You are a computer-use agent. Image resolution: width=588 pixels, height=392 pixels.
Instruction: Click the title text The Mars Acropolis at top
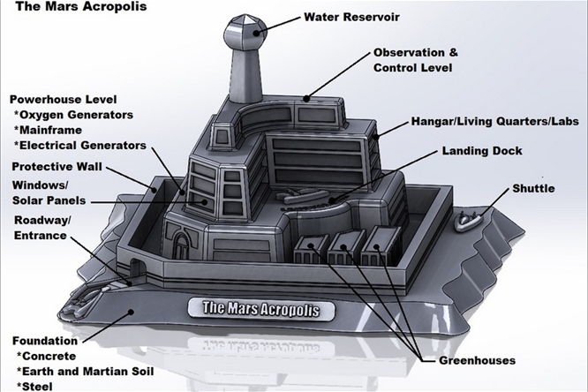pyautogui.click(x=81, y=6)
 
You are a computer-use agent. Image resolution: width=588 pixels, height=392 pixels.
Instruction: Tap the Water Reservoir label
pyautogui.click(x=351, y=17)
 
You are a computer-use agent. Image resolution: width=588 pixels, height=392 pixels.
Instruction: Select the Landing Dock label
pyautogui.click(x=482, y=151)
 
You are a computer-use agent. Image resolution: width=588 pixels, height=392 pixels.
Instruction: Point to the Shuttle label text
pyautogui.click(x=533, y=188)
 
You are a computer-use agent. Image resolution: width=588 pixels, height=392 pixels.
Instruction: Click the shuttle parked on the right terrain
pyautogui.click(x=468, y=220)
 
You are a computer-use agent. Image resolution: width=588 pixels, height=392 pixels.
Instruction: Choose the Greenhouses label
pyautogui.click(x=477, y=360)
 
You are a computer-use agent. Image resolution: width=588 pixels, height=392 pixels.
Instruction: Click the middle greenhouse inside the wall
pyautogui.click(x=345, y=247)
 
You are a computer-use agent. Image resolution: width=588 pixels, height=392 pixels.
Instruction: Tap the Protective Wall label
pyautogui.click(x=57, y=167)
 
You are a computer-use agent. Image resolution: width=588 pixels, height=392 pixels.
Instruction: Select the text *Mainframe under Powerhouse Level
pyautogui.click(x=48, y=130)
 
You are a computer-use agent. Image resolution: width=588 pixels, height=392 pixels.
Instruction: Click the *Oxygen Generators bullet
pyautogui.click(x=73, y=115)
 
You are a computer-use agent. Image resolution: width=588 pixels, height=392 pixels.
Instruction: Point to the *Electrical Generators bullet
pyautogui.click(x=79, y=145)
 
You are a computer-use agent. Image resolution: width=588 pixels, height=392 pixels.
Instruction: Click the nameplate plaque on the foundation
pyautogui.click(x=260, y=309)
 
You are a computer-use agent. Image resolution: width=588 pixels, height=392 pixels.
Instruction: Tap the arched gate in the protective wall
pyautogui.click(x=135, y=268)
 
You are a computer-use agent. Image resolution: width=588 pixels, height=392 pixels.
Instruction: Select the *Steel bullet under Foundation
pyautogui.click(x=34, y=387)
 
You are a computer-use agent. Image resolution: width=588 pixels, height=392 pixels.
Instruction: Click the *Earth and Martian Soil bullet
pyautogui.click(x=85, y=372)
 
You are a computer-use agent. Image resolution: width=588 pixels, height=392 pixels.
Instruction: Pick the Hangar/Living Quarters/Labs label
pyautogui.click(x=495, y=122)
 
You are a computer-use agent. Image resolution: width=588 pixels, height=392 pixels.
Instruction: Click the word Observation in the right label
pyautogui.click(x=406, y=52)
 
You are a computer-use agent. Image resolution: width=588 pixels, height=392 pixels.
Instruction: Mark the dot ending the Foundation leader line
pyautogui.click(x=131, y=311)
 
